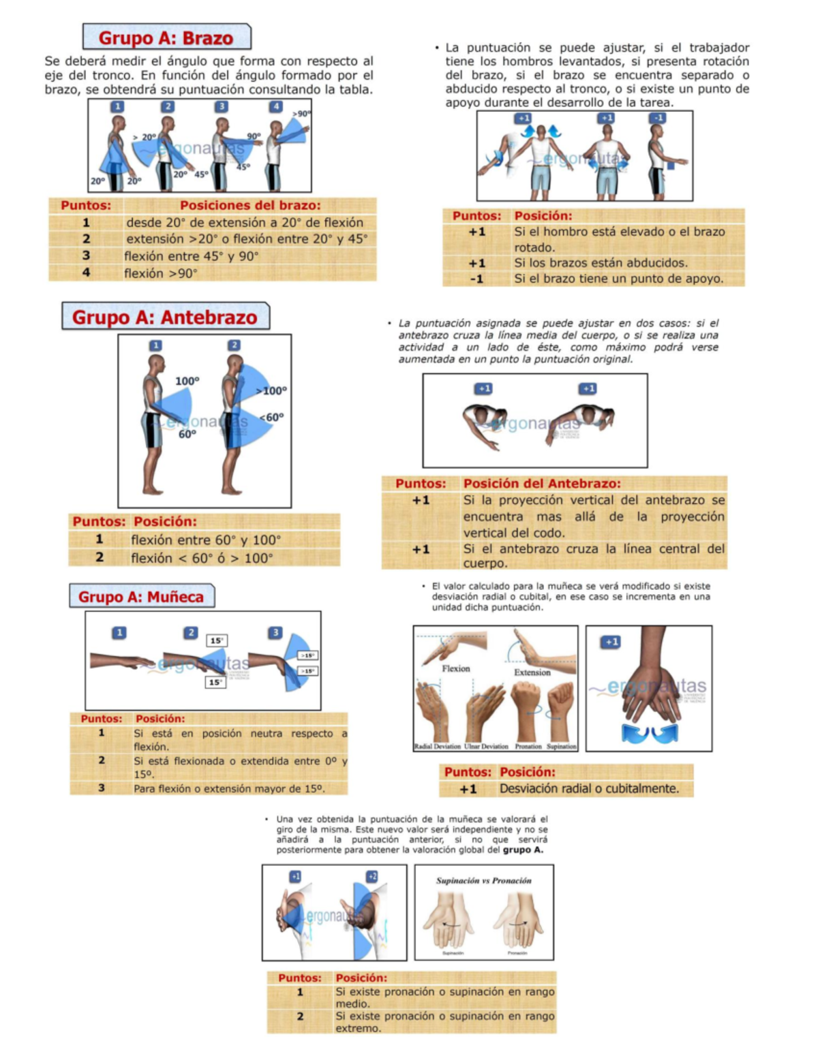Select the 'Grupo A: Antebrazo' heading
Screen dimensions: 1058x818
(x=164, y=317)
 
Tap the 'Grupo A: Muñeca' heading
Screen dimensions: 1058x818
(x=140, y=597)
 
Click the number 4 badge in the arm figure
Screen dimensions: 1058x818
(x=275, y=106)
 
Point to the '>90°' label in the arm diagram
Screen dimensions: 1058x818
(x=301, y=114)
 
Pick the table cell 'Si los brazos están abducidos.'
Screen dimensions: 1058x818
(x=601, y=263)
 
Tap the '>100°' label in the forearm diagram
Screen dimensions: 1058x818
(x=271, y=390)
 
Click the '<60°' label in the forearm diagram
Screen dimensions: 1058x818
(x=271, y=417)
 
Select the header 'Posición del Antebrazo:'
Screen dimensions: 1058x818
(x=542, y=484)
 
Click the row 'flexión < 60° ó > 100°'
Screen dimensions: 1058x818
(x=202, y=558)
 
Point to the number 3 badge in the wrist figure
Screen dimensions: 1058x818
(x=275, y=632)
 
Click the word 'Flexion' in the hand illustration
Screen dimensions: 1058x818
(x=455, y=668)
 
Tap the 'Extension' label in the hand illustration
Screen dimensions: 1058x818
(x=532, y=672)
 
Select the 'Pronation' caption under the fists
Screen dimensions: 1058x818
(x=528, y=747)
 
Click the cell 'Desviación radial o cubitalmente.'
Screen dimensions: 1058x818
(x=589, y=789)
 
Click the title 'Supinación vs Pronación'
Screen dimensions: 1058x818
(x=483, y=881)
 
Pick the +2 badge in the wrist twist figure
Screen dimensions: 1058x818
(x=372, y=876)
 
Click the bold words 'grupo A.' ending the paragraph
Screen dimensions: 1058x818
(x=523, y=850)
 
